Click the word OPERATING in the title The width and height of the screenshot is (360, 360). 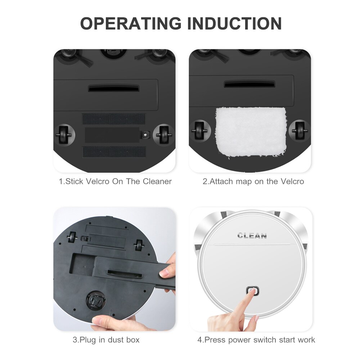click(x=131, y=23)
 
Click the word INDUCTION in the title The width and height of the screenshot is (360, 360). click(x=234, y=23)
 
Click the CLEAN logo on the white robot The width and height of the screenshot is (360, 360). click(x=252, y=236)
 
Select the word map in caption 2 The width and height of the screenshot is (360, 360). click(x=244, y=181)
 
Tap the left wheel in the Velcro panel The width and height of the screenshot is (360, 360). click(x=64, y=135)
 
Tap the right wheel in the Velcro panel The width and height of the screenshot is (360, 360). click(x=164, y=135)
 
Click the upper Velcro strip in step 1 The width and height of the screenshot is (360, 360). click(x=114, y=119)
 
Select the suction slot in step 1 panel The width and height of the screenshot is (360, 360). click(x=114, y=88)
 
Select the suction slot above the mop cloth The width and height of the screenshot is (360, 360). click(x=249, y=84)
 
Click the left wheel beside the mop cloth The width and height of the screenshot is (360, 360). click(x=199, y=130)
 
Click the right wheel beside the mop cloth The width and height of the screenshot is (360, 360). click(x=300, y=130)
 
